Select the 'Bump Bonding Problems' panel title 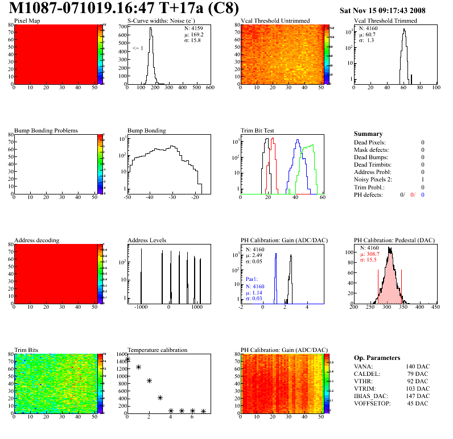coord(46,130)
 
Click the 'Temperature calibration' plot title coord(158,350)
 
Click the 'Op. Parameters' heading coord(377,358)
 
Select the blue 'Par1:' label coord(252,280)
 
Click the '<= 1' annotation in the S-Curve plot coord(137,48)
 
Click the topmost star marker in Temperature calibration coord(128,359)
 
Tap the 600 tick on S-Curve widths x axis coord(210,88)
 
